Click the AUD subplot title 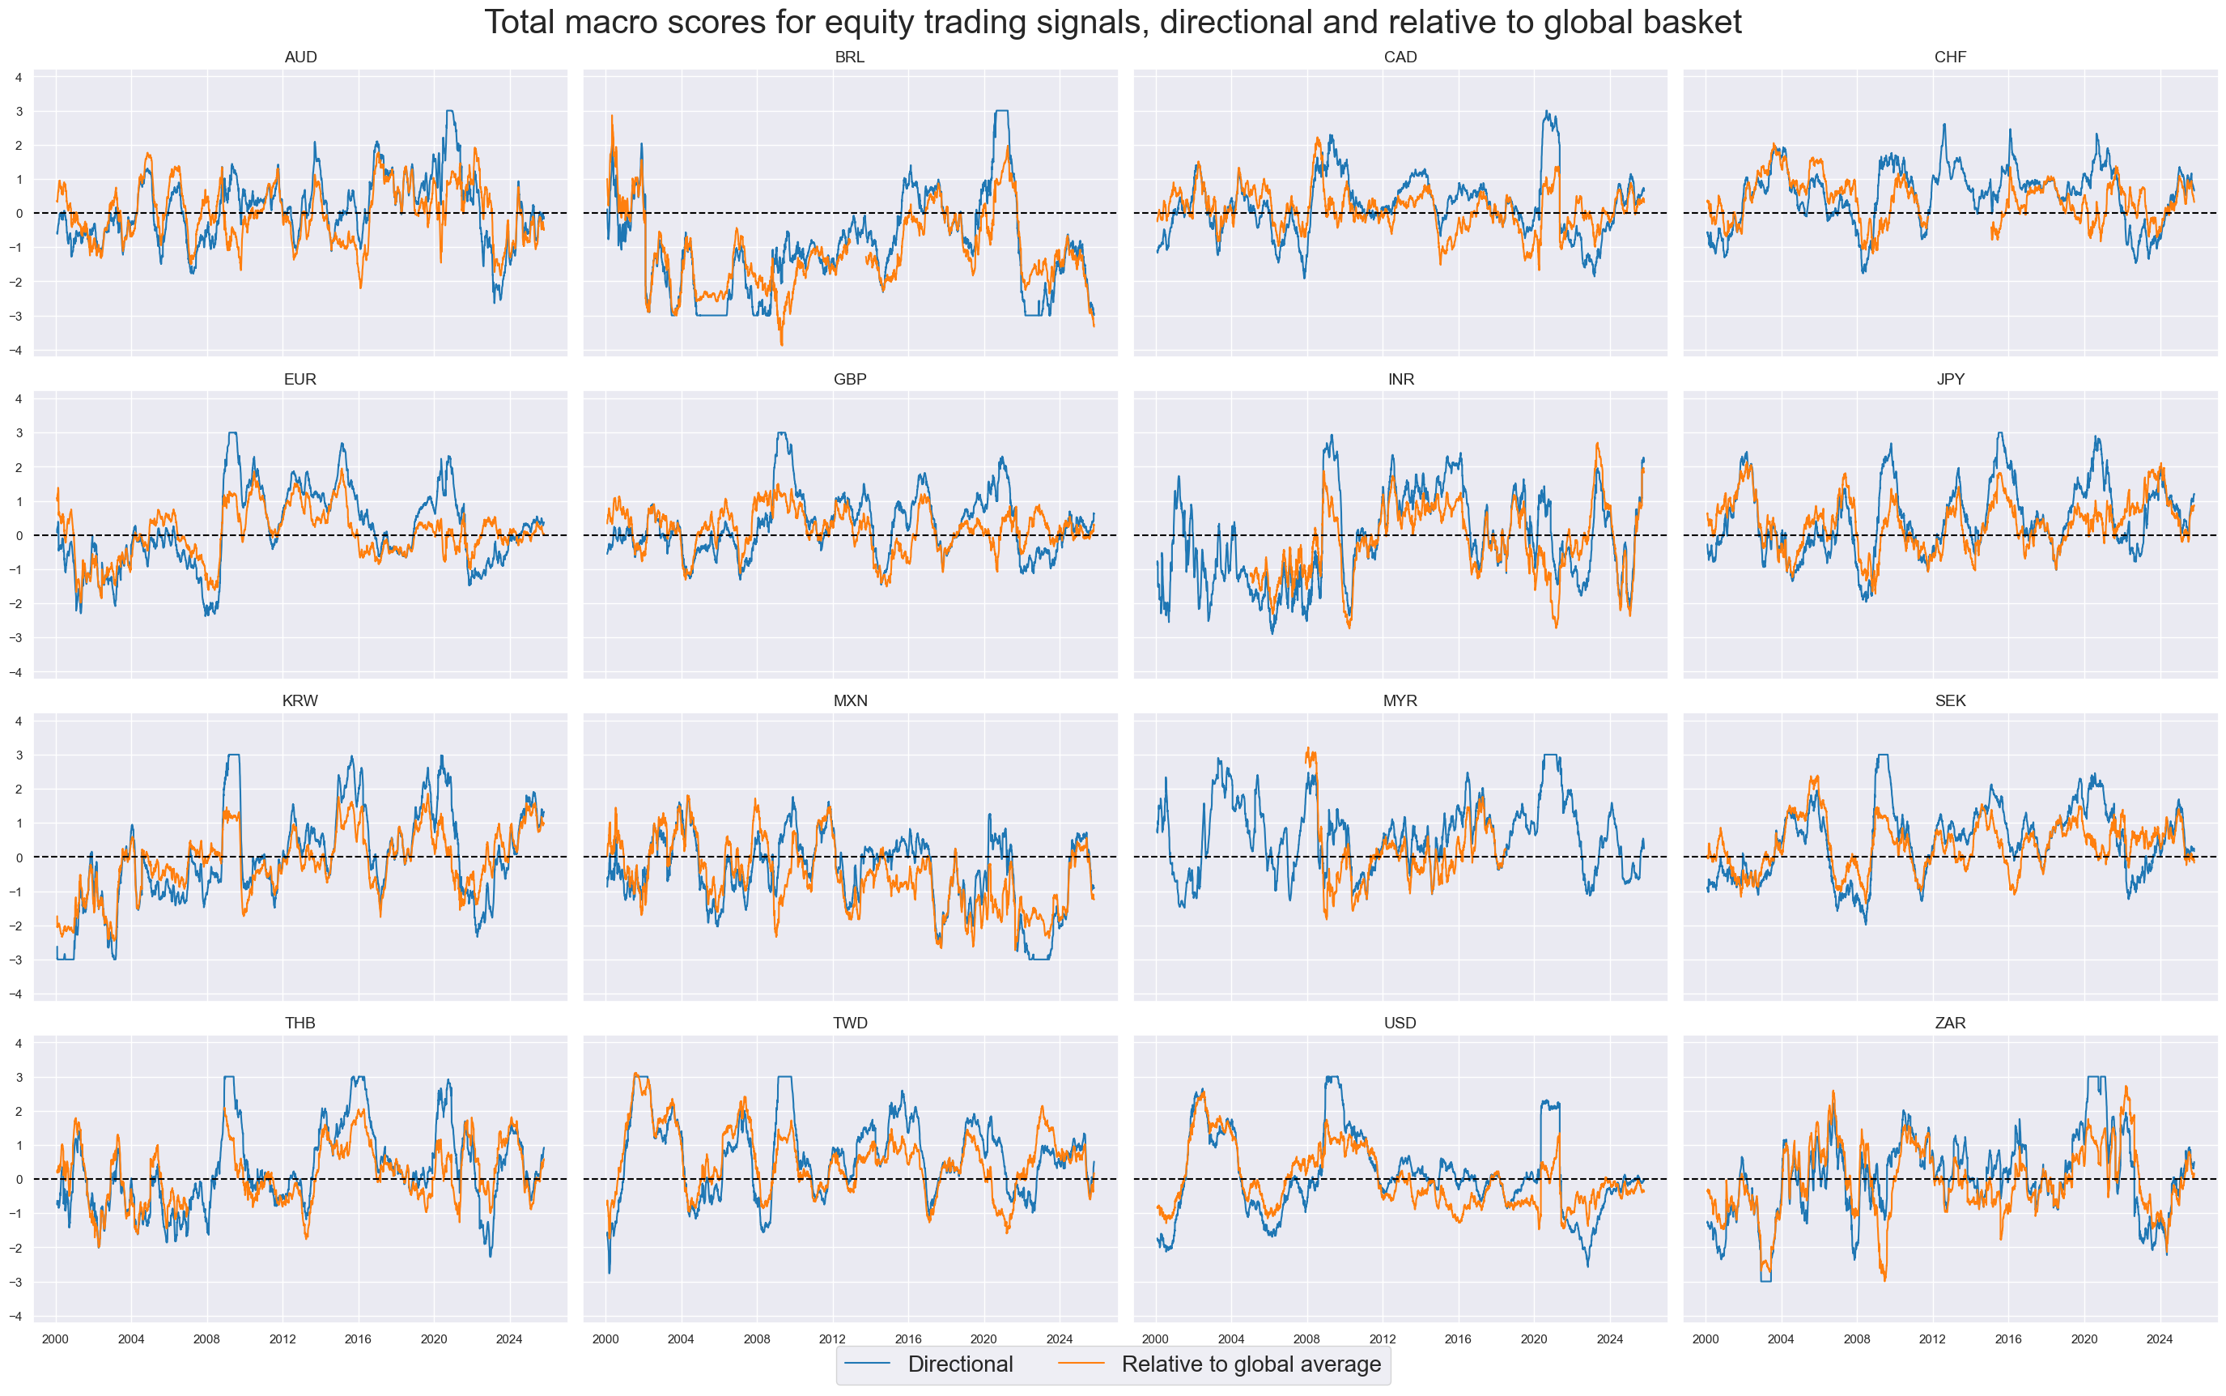click(300, 57)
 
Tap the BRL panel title click(849, 57)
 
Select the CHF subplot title click(1949, 57)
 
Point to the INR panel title click(1400, 380)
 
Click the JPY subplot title click(1949, 380)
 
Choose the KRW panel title click(300, 700)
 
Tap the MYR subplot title click(1400, 700)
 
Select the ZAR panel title click(1949, 1023)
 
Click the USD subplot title click(1400, 1023)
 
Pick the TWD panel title click(849, 1023)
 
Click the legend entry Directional click(960, 1364)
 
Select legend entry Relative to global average click(1251, 1364)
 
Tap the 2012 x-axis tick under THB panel click(282, 1339)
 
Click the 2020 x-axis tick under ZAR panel click(2084, 1339)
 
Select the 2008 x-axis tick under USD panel click(1306, 1339)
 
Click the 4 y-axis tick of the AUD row click(19, 78)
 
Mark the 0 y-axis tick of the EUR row click(19, 535)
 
